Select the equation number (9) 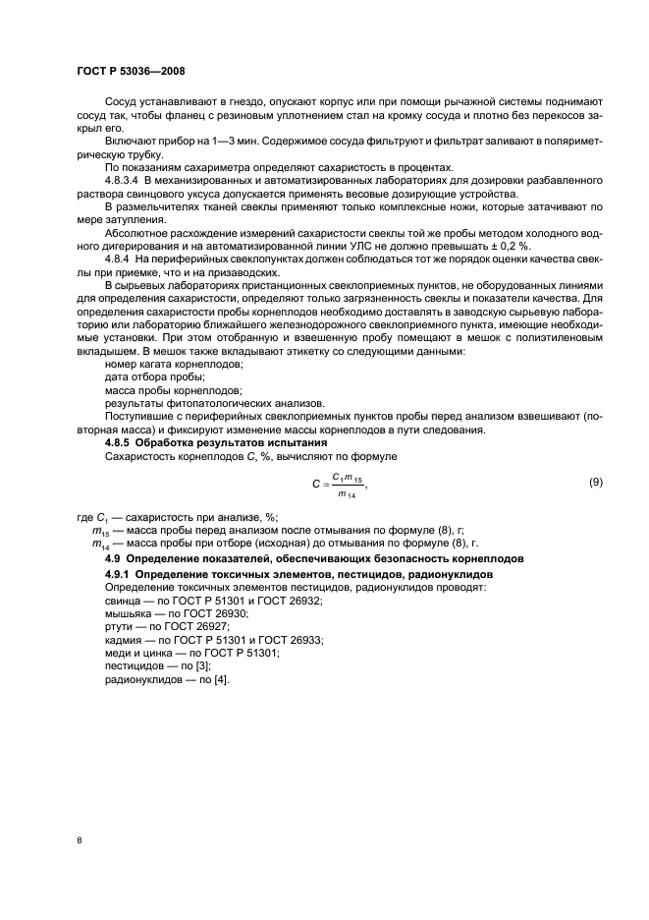pyautogui.click(x=594, y=482)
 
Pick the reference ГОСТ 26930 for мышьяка pyautogui.click(x=208, y=612)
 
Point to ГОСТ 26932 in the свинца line pyautogui.click(x=291, y=600)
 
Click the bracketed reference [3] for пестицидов pyautogui.click(x=198, y=664)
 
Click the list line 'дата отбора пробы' pyautogui.click(x=153, y=377)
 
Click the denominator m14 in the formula pyautogui.click(x=347, y=493)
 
